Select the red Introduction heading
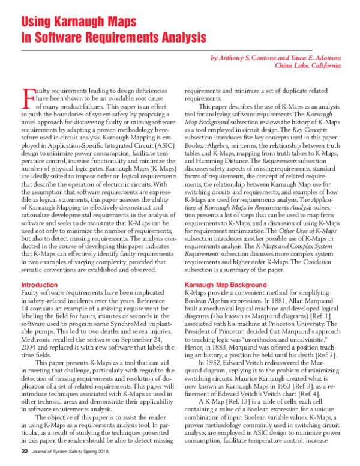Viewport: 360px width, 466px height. (40, 284)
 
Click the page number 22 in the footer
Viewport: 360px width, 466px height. (25, 450)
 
